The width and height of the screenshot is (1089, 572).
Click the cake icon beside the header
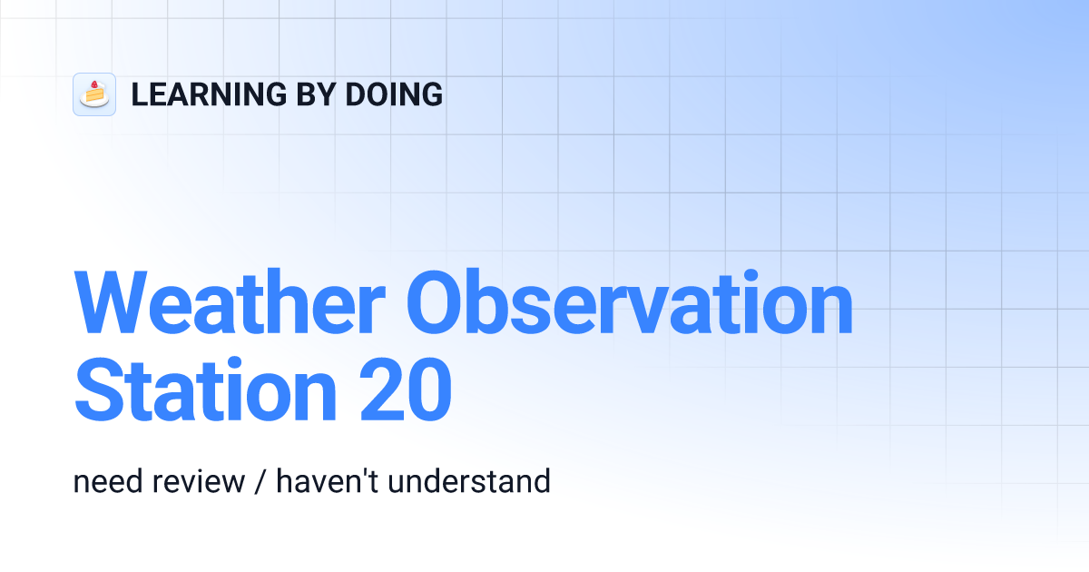[94, 94]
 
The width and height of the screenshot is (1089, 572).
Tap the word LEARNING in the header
[209, 94]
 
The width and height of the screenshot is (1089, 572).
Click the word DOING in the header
[394, 94]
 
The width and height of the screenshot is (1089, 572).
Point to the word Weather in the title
[230, 301]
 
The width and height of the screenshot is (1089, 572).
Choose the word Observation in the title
[630, 301]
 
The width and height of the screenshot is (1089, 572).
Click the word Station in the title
[206, 390]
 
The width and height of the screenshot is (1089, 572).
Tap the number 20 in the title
[406, 390]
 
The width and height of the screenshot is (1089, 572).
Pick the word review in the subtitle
[199, 481]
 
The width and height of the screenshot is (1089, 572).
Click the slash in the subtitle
[260, 482]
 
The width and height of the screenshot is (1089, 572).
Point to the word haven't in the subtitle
[327, 481]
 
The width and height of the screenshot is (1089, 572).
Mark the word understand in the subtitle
[469, 481]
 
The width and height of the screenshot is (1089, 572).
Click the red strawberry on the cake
[94, 85]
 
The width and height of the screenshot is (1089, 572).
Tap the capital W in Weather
[111, 301]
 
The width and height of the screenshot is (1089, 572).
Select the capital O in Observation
[433, 301]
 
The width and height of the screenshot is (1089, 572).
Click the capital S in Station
[96, 390]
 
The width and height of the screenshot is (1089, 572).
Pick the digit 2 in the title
[380, 390]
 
